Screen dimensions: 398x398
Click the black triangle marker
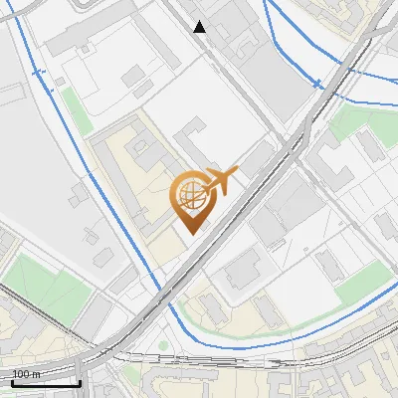point(200,27)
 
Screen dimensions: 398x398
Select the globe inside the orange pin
point(189,194)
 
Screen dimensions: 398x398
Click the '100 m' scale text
point(26,374)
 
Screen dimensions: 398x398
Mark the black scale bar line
point(45,382)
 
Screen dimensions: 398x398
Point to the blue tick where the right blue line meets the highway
point(315,82)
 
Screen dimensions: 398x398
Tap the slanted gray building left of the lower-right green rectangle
point(327,264)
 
